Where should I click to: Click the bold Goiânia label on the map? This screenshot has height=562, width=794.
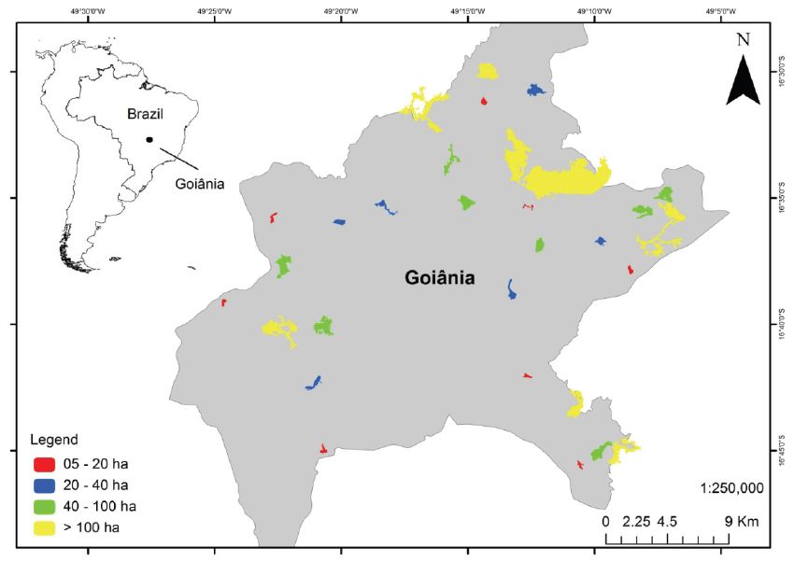click(439, 277)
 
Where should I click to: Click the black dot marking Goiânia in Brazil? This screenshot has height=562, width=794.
click(149, 140)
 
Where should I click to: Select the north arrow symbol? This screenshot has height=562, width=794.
click(744, 78)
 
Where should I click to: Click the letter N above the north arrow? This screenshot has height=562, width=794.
click(744, 39)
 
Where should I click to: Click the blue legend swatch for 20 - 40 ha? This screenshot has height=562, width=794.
click(43, 485)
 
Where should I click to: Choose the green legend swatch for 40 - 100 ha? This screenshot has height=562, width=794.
click(43, 506)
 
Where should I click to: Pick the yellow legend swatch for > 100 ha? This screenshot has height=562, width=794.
click(43, 527)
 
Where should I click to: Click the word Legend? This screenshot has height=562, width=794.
click(53, 439)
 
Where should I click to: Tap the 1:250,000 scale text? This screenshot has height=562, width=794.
click(731, 488)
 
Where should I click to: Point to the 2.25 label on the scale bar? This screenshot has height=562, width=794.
click(636, 521)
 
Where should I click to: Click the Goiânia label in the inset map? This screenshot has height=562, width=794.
click(200, 184)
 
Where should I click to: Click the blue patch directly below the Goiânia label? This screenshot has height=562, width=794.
click(511, 289)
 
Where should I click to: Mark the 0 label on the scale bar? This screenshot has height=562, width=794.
click(605, 521)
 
